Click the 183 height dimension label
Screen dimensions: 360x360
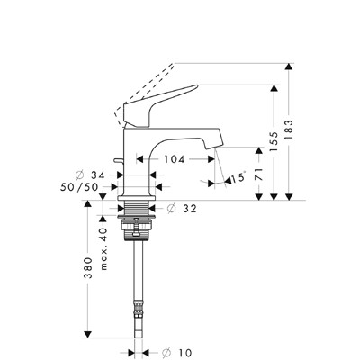coord(289,130)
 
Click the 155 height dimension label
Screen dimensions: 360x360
coord(274,141)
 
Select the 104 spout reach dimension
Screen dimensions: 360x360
coord(174,159)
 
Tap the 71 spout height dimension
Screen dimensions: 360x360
coord(259,174)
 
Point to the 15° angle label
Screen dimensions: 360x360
coord(238,177)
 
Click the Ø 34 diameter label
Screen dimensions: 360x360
coord(90,175)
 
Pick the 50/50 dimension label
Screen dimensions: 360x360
coord(79,187)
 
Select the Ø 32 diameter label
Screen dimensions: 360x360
coord(182,208)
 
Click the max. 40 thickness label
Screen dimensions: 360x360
coord(103,249)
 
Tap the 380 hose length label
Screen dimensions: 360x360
coord(88,268)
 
